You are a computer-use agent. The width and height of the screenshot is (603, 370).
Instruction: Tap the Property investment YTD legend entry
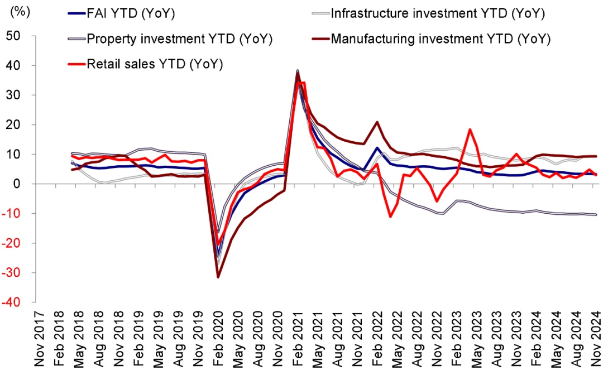click(x=179, y=39)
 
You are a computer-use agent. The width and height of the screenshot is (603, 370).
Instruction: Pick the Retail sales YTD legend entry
click(x=154, y=64)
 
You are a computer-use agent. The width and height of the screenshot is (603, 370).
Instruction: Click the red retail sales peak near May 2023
click(x=470, y=129)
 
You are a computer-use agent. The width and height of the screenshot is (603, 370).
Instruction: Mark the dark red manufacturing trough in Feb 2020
click(x=218, y=277)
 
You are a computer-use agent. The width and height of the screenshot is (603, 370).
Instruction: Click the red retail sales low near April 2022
click(x=391, y=217)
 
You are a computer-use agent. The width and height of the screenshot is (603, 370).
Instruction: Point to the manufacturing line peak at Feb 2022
click(x=378, y=122)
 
